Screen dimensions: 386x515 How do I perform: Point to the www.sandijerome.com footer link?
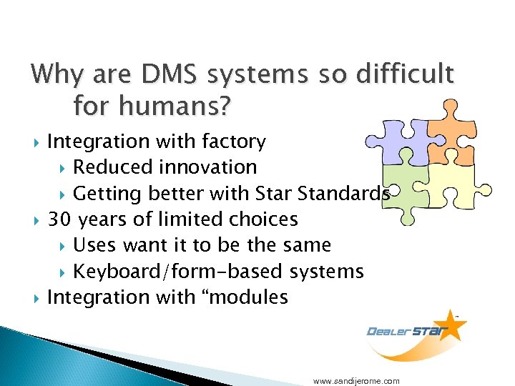coord(356,381)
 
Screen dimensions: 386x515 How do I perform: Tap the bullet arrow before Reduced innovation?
coord(62,168)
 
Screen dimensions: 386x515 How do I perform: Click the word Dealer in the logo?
coord(388,331)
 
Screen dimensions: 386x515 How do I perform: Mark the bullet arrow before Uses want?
coord(62,246)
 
